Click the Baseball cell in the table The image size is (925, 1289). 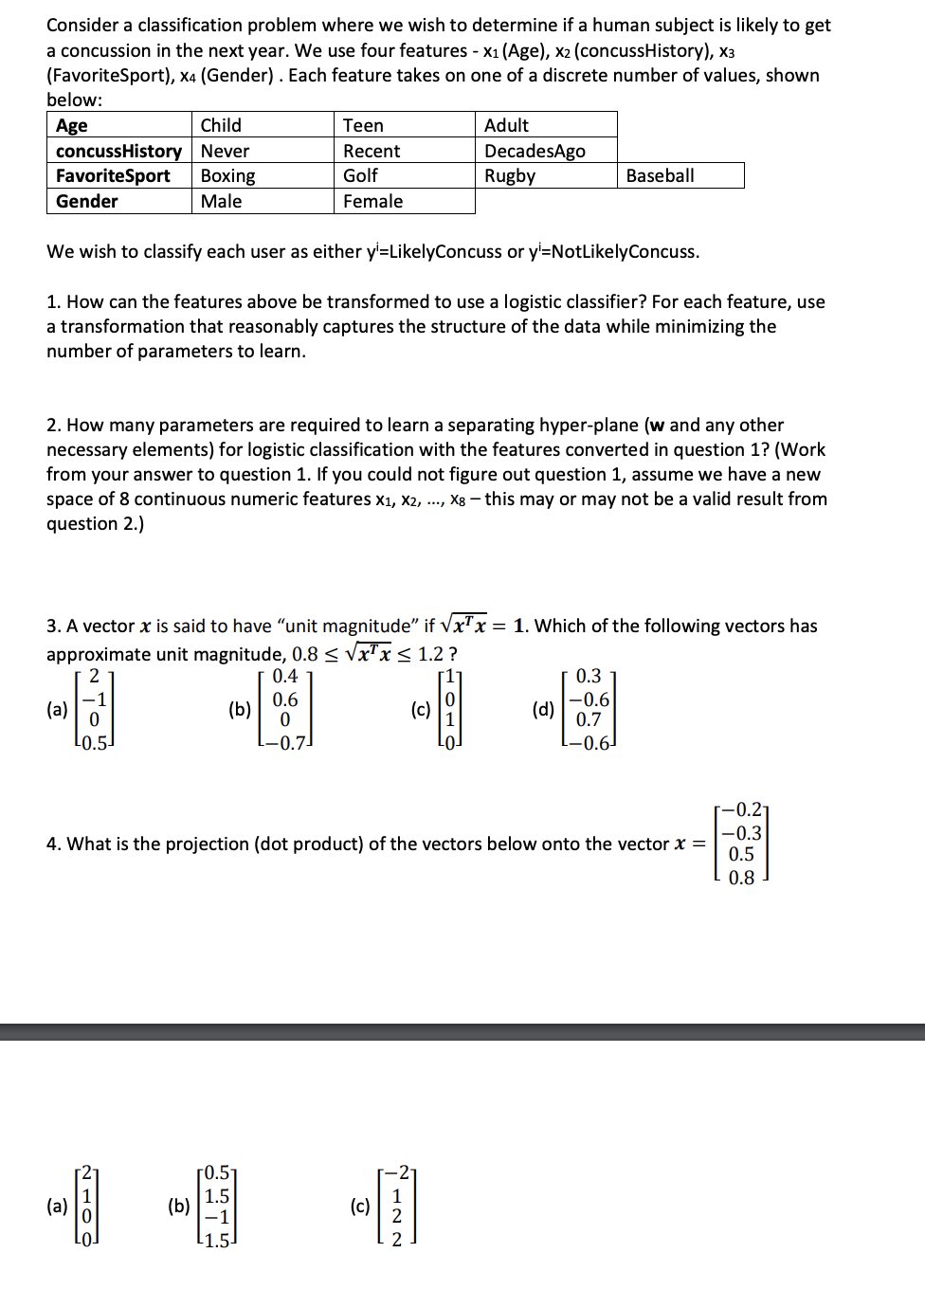660,175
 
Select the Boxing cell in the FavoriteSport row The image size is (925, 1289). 227,175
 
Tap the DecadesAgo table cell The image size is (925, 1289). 535,151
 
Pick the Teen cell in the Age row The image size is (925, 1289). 363,125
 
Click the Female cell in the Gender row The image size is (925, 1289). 372,201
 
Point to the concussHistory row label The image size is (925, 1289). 118,151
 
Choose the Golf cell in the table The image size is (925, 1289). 360,175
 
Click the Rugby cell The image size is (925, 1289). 510,175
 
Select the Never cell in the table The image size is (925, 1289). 225,151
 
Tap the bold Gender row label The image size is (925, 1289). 87,201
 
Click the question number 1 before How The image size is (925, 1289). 53,301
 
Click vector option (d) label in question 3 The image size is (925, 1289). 543,709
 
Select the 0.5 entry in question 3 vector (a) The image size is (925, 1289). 94,742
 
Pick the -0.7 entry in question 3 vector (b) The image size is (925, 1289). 285,742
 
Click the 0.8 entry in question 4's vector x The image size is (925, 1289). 741,878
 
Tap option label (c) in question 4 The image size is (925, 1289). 360,1206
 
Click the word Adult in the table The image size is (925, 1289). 506,125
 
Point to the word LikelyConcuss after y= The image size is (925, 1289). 441,251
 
